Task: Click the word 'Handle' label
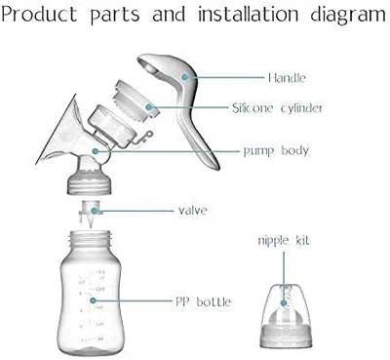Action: click(x=287, y=78)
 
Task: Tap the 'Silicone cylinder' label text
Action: click(x=277, y=107)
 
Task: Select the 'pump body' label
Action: click(x=276, y=151)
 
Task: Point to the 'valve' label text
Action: click(x=193, y=211)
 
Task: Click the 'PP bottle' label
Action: click(x=203, y=301)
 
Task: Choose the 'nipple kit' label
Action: click(x=284, y=241)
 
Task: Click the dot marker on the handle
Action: click(x=185, y=77)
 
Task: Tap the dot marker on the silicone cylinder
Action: click(x=149, y=106)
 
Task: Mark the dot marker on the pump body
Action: click(x=96, y=151)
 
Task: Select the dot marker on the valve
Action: click(x=94, y=211)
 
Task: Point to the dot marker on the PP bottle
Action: click(x=93, y=300)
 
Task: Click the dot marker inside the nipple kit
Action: click(x=284, y=303)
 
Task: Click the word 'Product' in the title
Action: click(x=39, y=15)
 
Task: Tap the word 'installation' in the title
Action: click(x=249, y=15)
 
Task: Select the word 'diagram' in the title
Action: click(x=348, y=16)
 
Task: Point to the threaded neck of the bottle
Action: click(x=91, y=238)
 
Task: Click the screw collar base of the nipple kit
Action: click(x=287, y=337)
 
